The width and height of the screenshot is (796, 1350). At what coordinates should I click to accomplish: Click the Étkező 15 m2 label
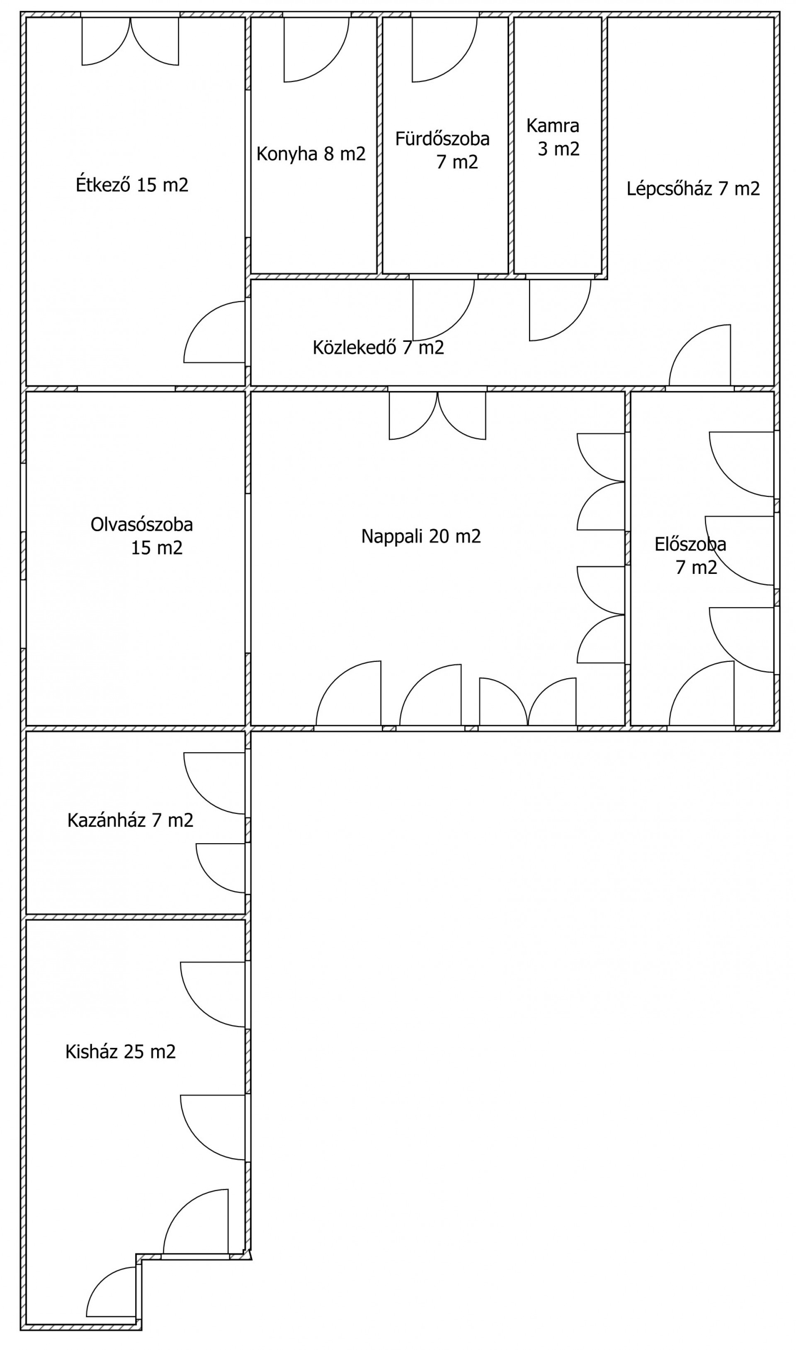pyautogui.click(x=132, y=185)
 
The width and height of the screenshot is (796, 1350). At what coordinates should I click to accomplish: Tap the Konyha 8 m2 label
pyautogui.click(x=311, y=154)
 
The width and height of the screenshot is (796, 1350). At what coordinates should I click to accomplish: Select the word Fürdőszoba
pyautogui.click(x=442, y=139)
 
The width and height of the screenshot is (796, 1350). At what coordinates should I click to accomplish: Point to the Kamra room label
pyautogui.click(x=553, y=126)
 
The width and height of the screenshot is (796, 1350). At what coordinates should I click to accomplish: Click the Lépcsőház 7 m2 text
pyautogui.click(x=693, y=189)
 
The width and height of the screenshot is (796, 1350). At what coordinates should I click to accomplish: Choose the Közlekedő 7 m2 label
pyautogui.click(x=378, y=347)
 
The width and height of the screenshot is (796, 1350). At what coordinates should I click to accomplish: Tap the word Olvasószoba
pyautogui.click(x=142, y=524)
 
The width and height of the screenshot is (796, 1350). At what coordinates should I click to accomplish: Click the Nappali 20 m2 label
pyautogui.click(x=421, y=536)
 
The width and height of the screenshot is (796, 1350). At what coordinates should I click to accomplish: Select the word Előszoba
pyautogui.click(x=690, y=544)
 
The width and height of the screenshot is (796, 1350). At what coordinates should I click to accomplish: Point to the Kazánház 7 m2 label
pyautogui.click(x=130, y=820)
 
